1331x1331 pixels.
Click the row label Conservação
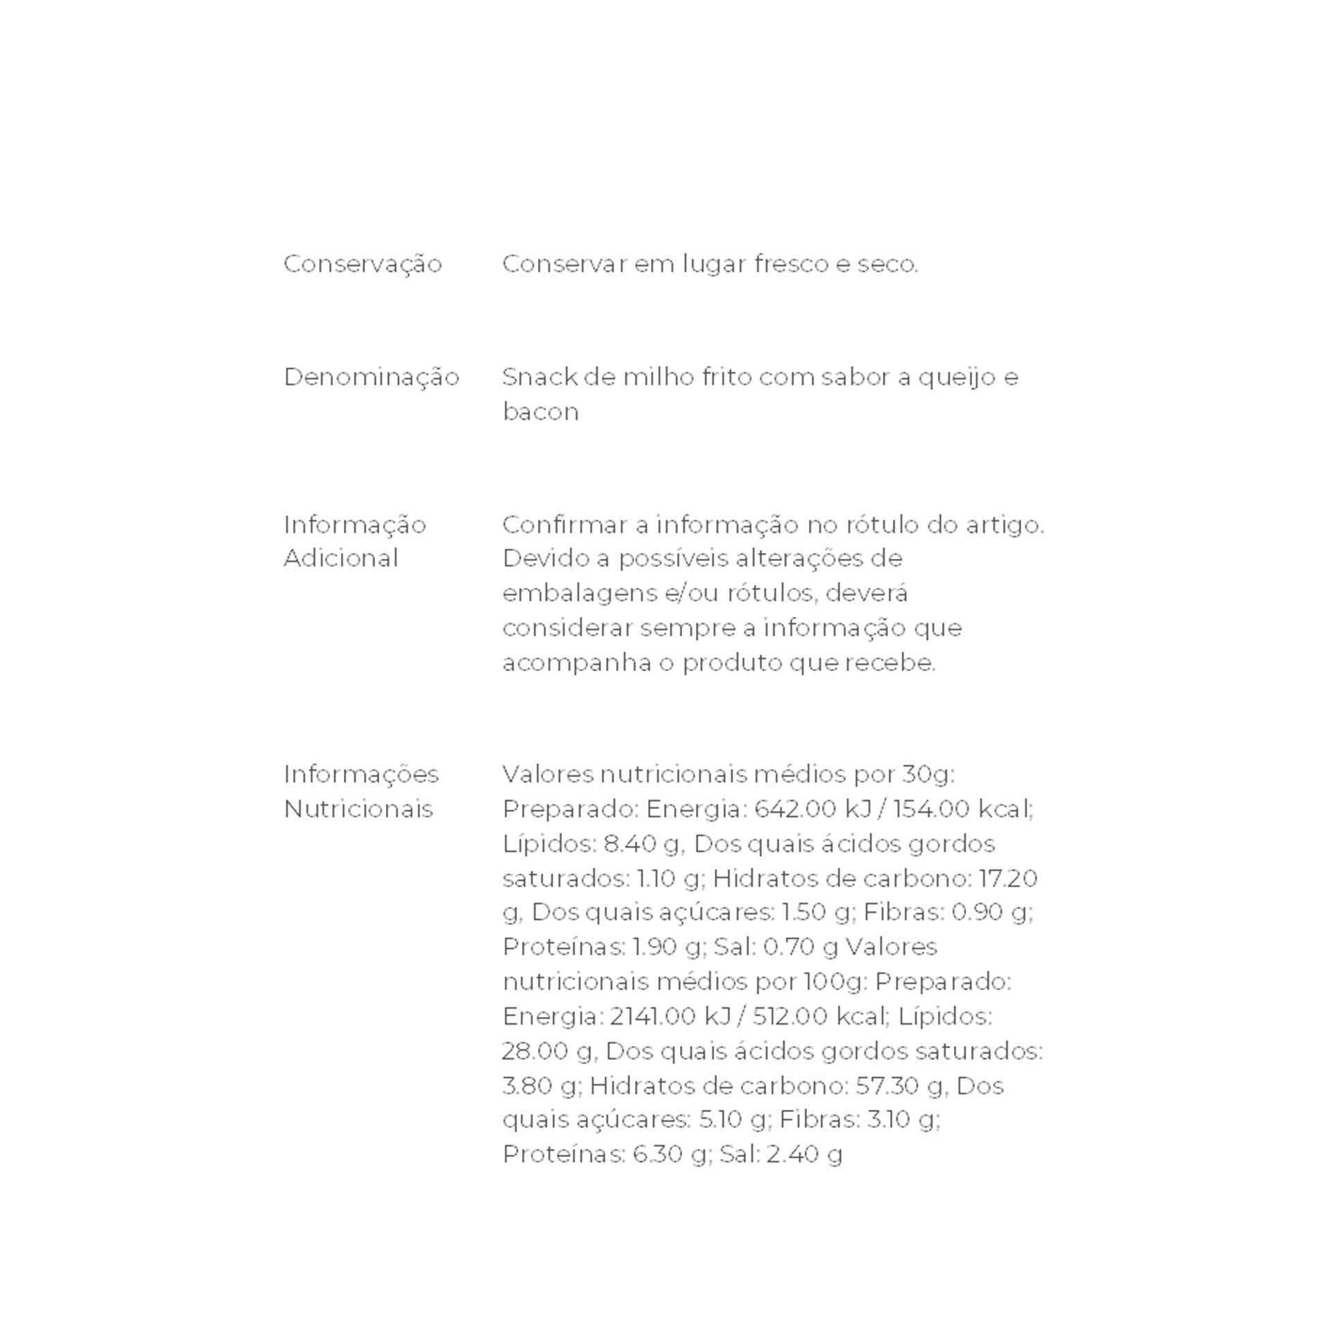coord(363,264)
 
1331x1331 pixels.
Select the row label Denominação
coord(372,377)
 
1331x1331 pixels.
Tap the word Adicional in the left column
coord(340,558)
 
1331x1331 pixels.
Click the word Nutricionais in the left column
coord(358,808)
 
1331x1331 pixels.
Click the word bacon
coord(540,412)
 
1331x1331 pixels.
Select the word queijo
coord(957,377)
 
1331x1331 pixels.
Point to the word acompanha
coord(577,663)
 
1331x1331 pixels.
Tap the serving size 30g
coord(927,774)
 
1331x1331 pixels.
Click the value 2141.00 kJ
coord(670,1016)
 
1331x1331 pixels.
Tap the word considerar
coord(567,628)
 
